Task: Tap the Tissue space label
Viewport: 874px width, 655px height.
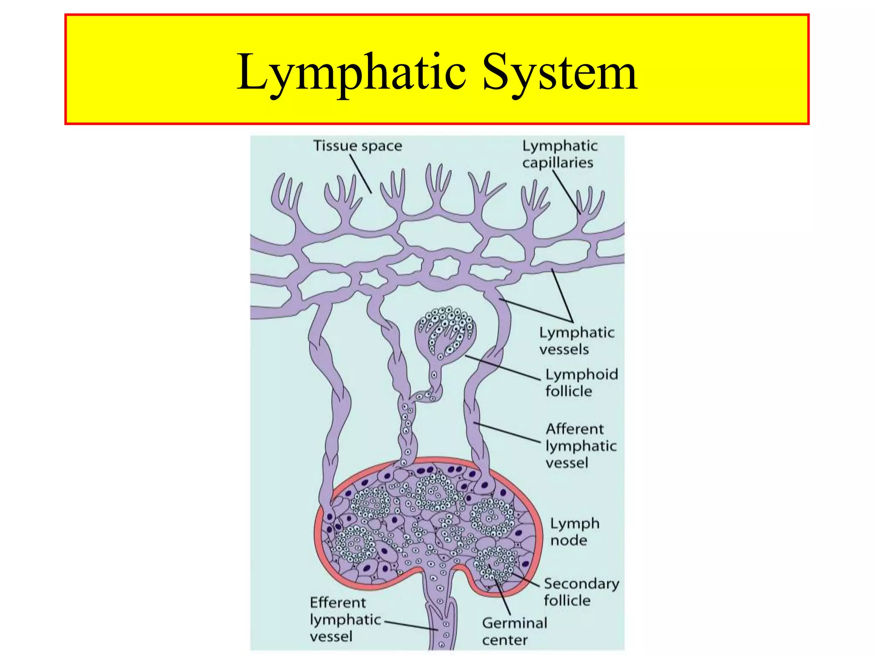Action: point(358,146)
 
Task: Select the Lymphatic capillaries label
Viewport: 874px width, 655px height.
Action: point(559,154)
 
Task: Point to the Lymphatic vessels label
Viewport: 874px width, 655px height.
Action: point(576,341)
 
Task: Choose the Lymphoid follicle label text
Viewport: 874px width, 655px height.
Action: point(581,383)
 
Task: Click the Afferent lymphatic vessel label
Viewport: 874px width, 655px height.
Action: point(580,446)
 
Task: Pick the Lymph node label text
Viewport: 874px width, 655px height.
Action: point(574,532)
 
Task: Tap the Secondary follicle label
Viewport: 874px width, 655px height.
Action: point(581,592)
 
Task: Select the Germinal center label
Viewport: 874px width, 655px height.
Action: point(514,631)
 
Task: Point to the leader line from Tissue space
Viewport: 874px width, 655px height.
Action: point(361,174)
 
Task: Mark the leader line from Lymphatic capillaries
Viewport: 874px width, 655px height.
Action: point(566,192)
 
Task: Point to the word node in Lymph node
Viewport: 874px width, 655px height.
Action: point(568,541)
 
